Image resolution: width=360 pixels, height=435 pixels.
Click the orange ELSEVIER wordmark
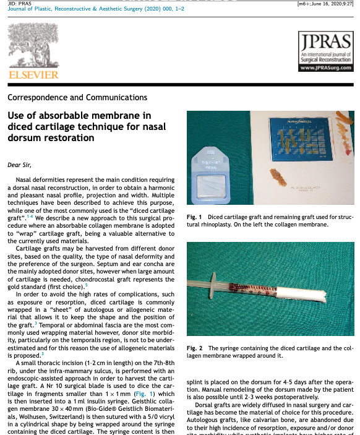point(33,74)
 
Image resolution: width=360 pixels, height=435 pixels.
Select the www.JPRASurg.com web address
point(325,68)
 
